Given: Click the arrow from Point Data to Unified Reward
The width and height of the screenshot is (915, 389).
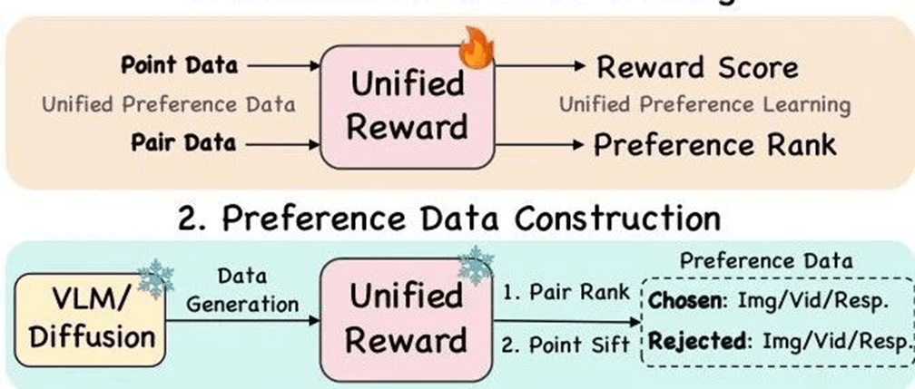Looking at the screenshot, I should click(x=284, y=65).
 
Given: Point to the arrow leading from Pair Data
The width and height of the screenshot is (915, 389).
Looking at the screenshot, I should click(x=284, y=143).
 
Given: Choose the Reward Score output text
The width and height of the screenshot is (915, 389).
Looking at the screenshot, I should click(x=697, y=67).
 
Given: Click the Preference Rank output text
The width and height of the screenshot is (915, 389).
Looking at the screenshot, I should click(x=713, y=145).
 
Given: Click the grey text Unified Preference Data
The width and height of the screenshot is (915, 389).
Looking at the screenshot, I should click(x=169, y=104).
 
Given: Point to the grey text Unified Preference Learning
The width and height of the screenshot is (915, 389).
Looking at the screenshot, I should click(x=704, y=104).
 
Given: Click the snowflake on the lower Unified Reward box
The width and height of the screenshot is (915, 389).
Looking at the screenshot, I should click(x=475, y=264).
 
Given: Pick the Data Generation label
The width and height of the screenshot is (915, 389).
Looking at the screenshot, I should click(x=241, y=290).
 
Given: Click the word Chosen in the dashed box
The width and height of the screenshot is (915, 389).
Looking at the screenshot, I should click(x=686, y=299).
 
